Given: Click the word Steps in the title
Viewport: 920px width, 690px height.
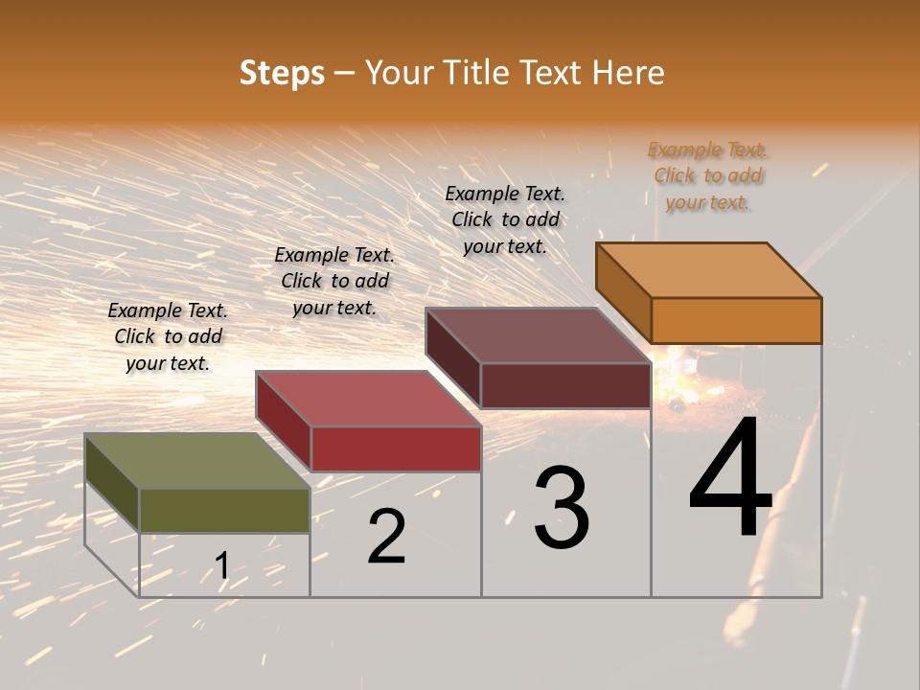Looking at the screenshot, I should (x=282, y=73).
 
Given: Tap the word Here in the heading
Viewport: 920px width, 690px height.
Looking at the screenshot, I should (x=629, y=73).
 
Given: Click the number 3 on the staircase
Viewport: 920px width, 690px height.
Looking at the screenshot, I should (x=562, y=508).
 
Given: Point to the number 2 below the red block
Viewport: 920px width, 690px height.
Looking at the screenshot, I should (x=386, y=537).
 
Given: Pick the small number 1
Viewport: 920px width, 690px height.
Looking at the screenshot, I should (x=222, y=565).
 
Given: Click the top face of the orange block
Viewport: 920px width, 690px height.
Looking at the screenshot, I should (x=709, y=269).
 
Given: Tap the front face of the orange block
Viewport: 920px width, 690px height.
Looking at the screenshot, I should (x=736, y=320).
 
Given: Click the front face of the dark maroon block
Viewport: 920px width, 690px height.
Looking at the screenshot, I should (x=565, y=386).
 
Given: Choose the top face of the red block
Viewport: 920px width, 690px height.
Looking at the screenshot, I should (x=369, y=399).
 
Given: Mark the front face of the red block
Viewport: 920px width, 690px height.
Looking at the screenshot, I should (x=396, y=448).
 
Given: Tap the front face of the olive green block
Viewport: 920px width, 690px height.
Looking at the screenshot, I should (x=224, y=510).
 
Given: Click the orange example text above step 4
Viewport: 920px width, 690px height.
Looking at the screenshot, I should (x=708, y=176).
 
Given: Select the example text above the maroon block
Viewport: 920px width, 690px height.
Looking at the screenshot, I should (x=505, y=219).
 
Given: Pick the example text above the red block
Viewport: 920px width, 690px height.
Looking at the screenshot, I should (x=334, y=281).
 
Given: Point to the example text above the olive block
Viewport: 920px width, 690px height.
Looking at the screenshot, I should (x=168, y=336).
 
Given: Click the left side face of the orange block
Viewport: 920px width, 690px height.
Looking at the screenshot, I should (x=624, y=292).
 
